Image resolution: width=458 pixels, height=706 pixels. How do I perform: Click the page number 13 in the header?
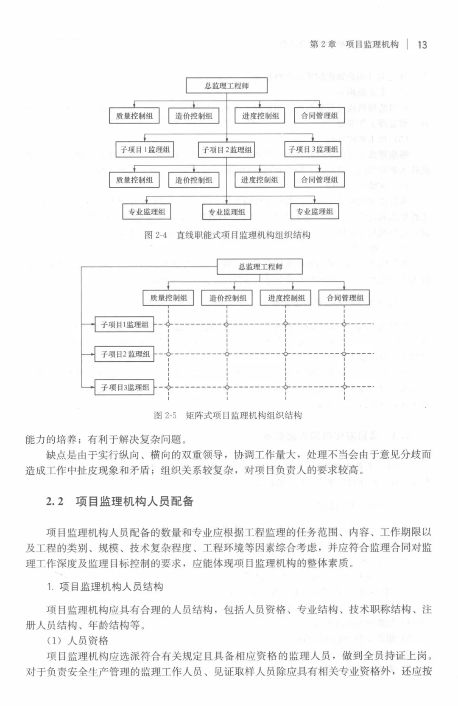[422, 45]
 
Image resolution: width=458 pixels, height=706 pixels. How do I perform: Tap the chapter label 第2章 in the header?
[323, 45]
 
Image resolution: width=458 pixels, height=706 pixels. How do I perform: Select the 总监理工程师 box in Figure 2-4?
[226, 86]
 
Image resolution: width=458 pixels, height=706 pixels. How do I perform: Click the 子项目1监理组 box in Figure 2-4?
[145, 149]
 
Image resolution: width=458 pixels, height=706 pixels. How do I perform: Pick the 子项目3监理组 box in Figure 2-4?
[313, 149]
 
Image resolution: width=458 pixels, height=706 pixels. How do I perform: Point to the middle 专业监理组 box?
[226, 212]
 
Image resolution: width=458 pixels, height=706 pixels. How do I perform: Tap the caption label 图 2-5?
[165, 415]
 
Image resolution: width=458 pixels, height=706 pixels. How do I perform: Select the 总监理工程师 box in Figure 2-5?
[260, 267]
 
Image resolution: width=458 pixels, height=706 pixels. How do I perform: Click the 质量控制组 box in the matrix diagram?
[168, 298]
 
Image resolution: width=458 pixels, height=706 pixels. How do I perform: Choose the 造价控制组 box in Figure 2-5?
[227, 298]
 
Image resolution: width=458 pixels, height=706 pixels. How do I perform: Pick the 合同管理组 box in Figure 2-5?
[345, 298]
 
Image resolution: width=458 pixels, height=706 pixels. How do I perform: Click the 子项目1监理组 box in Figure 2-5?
[124, 325]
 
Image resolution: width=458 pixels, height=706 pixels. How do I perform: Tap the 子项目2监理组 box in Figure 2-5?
[125, 354]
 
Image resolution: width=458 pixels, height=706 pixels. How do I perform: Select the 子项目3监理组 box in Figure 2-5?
[124, 387]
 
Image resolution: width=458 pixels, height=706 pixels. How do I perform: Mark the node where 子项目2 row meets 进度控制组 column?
[286, 354]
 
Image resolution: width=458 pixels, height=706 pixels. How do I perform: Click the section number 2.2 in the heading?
[55, 501]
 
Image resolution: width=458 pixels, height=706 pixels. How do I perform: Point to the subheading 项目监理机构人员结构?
[111, 587]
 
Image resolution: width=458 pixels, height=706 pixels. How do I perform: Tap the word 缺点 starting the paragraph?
[56, 455]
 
